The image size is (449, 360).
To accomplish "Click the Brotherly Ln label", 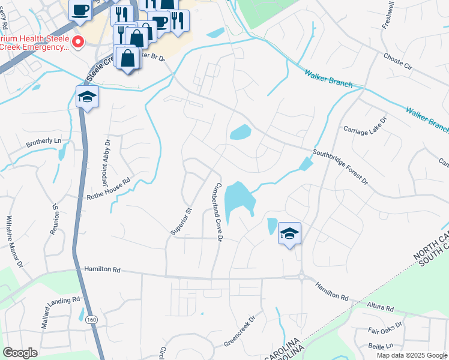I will click(44, 142).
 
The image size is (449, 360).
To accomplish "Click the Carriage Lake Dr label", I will click(365, 128).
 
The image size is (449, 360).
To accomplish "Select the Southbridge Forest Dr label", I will click(339, 167).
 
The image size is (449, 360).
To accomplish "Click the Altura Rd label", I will click(381, 308).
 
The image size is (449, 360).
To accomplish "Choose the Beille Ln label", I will click(381, 346).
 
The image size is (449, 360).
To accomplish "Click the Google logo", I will click(20, 353).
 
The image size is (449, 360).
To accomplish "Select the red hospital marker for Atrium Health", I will click(77, 41).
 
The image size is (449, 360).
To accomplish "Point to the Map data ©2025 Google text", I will click(412, 355).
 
